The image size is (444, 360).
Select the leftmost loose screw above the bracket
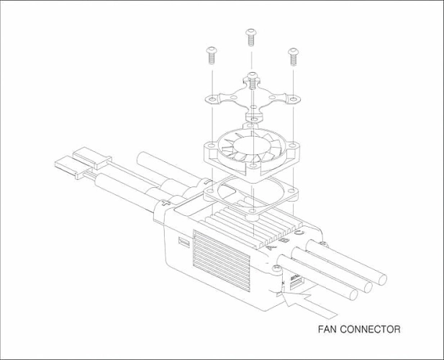pyautogui.click(x=211, y=55)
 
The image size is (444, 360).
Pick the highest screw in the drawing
pyautogui.click(x=251, y=37)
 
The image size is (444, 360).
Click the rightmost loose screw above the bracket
pyautogui.click(x=293, y=57)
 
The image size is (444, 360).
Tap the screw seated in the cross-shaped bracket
pyautogui.click(x=253, y=81)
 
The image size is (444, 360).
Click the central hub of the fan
pyautogui.click(x=251, y=145)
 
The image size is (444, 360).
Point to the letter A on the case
pyautogui.click(x=271, y=247)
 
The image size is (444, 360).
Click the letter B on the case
pyautogui.click(x=284, y=240)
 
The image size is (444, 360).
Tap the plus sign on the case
pyautogui.click(x=166, y=203)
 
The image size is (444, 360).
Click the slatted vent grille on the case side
pyautogui.click(x=222, y=261)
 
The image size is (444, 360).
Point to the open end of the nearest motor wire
pyautogui.click(x=353, y=295)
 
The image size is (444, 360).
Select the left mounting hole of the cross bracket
pyautogui.click(x=212, y=99)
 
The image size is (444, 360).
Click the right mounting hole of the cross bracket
pyautogui.click(x=292, y=99)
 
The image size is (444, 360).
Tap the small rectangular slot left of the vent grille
pyautogui.click(x=184, y=242)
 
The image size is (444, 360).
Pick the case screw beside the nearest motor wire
pyautogui.click(x=276, y=267)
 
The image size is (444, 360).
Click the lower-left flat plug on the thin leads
pyautogui.click(x=70, y=167)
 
